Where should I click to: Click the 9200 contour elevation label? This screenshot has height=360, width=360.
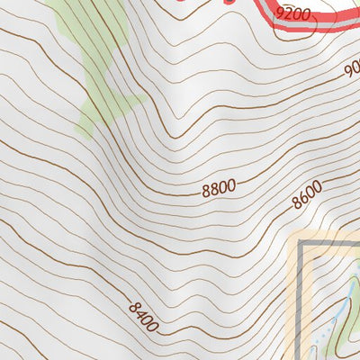(293, 13)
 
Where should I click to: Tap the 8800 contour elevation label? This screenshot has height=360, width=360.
(219, 187)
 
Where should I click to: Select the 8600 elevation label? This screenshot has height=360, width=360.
(307, 195)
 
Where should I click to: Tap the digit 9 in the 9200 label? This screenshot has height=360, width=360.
(281, 13)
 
